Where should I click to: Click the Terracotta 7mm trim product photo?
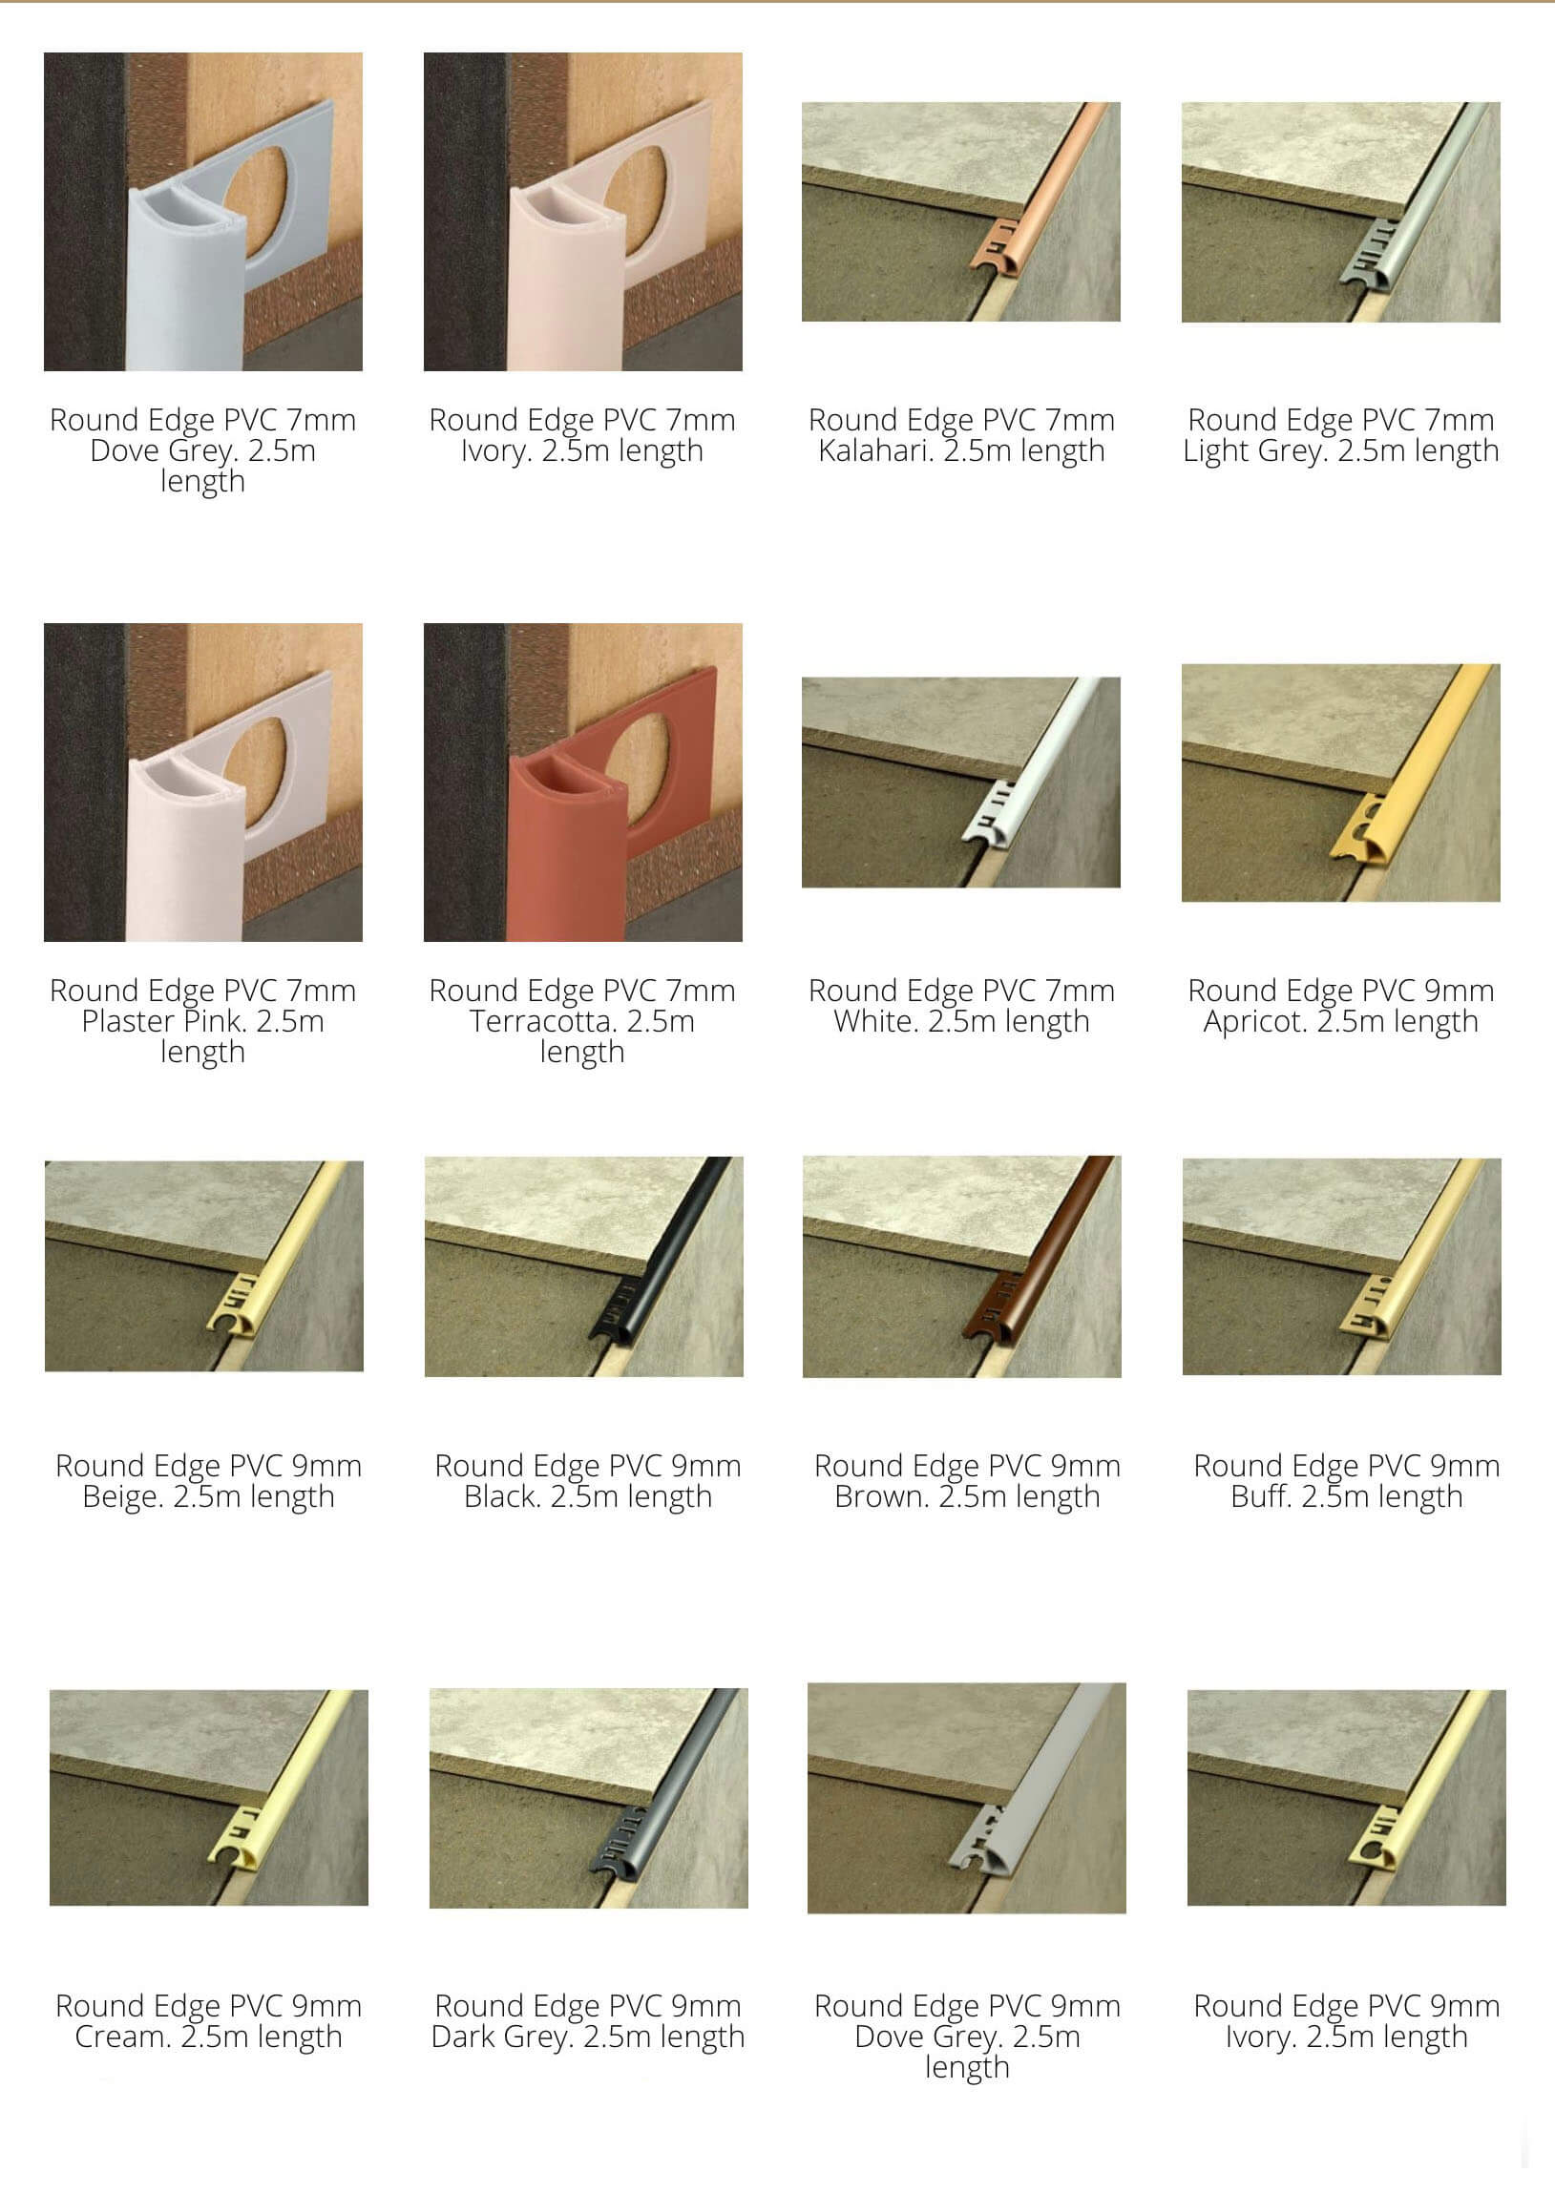582,782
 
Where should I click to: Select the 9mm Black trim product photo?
583,1266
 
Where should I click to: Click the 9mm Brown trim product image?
961,1266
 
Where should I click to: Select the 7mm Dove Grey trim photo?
203,212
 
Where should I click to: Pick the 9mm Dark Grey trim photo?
588,1798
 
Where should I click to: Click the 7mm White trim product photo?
960,782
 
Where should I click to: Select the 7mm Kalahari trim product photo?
960,212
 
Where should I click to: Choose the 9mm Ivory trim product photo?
1346,1798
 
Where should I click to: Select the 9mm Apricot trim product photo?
1340,782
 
